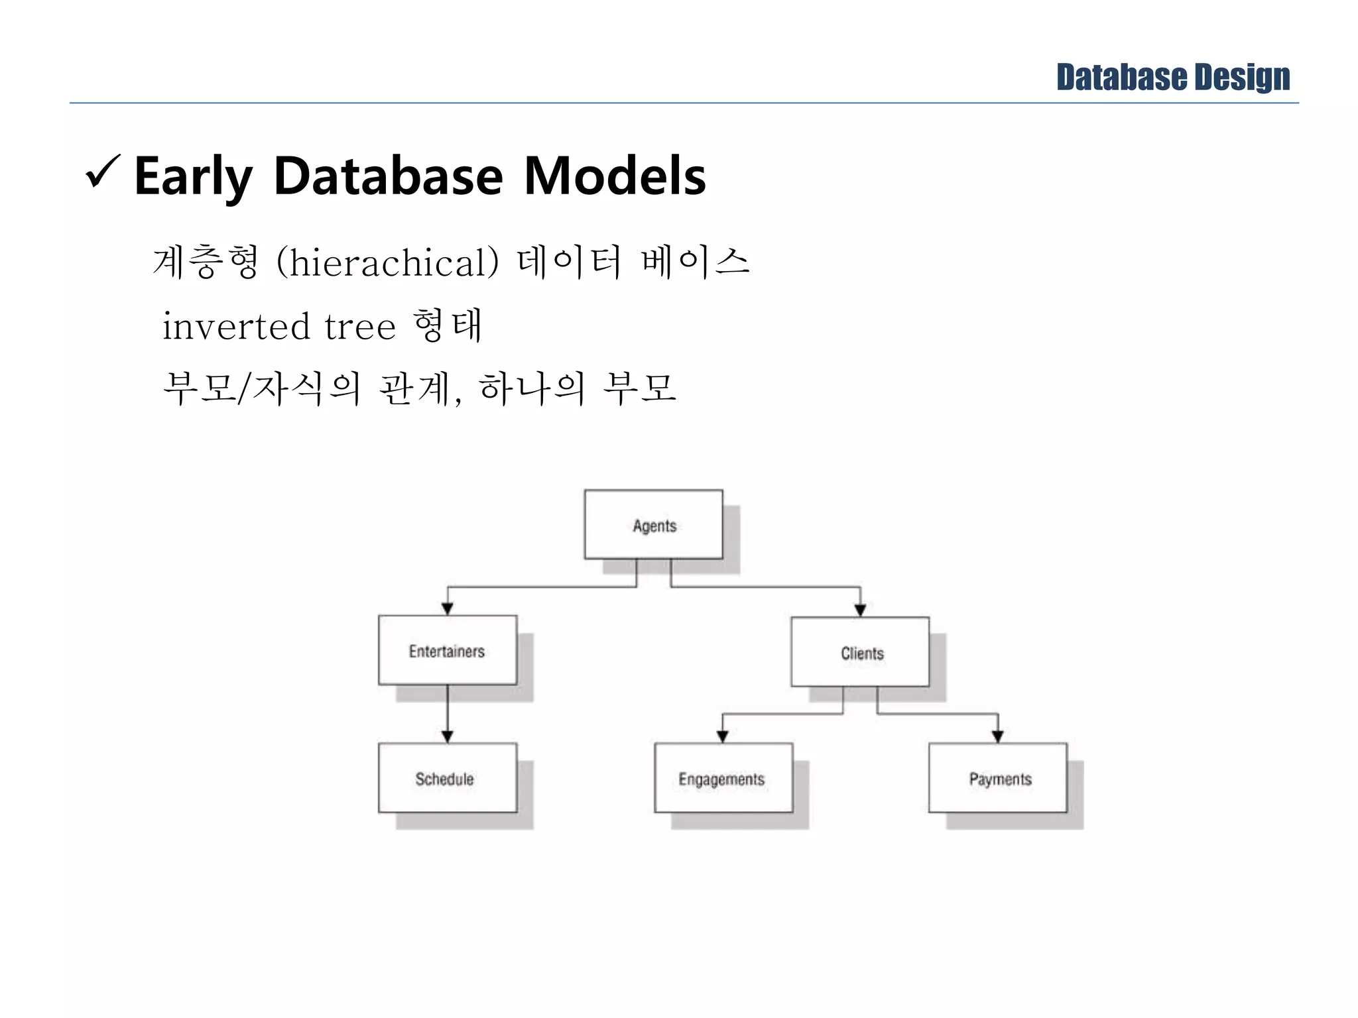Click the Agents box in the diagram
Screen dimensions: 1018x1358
(653, 524)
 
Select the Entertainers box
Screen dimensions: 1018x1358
(447, 650)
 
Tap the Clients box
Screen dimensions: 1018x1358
(860, 652)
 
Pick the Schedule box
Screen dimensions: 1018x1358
(447, 777)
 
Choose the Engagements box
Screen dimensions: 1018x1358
(723, 777)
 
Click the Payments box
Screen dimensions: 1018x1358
(998, 777)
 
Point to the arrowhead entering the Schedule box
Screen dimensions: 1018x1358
(448, 736)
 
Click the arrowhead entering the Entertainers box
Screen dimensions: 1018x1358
(448, 608)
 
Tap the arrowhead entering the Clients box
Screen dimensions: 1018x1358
(860, 610)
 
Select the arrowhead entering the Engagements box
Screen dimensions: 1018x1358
(723, 736)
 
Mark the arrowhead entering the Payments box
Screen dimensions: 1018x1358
(998, 736)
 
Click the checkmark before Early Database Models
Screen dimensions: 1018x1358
(103, 172)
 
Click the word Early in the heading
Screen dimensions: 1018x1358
(193, 176)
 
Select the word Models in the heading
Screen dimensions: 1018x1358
(615, 176)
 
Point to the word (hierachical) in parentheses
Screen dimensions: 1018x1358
(387, 262)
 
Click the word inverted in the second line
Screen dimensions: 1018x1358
(236, 326)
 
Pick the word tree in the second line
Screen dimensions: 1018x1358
(360, 326)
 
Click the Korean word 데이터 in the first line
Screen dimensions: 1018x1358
(570, 261)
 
